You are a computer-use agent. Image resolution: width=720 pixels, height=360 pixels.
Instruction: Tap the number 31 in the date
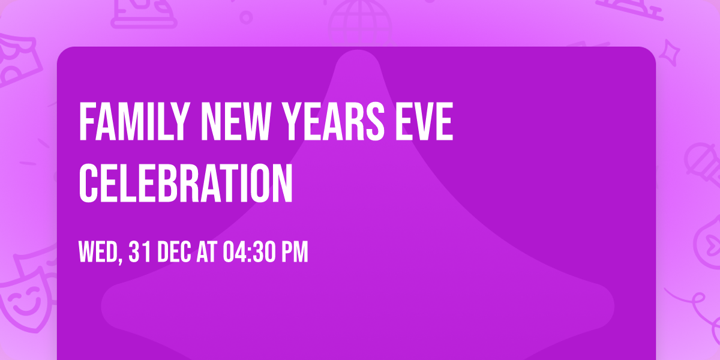pos(140,253)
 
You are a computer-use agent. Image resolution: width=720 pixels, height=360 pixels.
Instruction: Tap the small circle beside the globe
pos(245,17)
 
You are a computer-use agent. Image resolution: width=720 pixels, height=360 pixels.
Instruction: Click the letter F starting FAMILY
pos(86,122)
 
